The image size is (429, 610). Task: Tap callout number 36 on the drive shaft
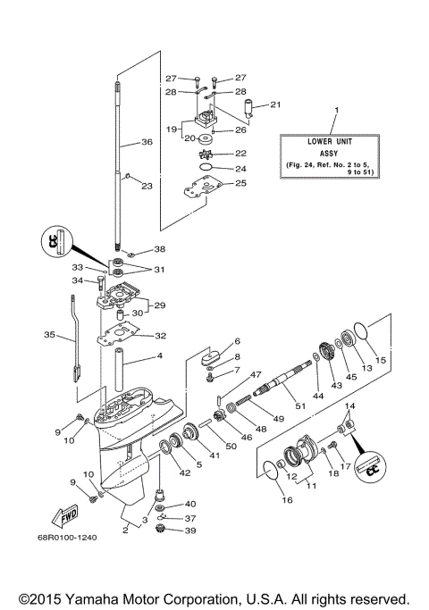tap(147, 141)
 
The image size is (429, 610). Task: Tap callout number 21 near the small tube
tap(275, 104)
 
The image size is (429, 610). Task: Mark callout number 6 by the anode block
tap(238, 341)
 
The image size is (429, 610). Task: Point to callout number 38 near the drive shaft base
tap(159, 249)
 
